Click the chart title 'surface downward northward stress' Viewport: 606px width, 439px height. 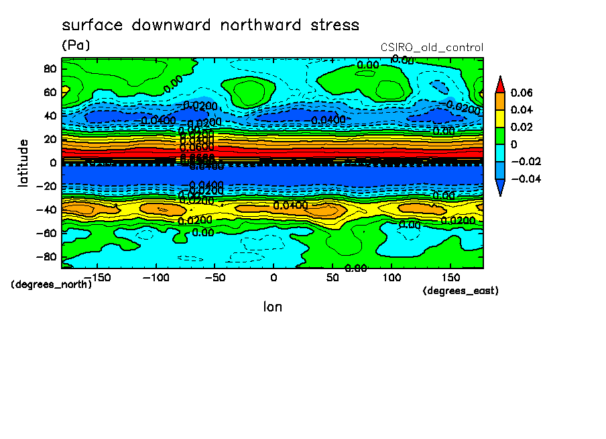[x=210, y=26]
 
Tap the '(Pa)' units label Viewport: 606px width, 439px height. [x=76, y=46]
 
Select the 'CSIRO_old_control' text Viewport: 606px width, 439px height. [x=432, y=48]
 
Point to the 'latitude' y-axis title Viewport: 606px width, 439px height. [x=23, y=162]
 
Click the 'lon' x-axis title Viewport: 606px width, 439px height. [x=272, y=307]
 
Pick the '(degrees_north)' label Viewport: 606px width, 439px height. [x=52, y=285]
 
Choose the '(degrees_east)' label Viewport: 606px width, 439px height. [x=461, y=291]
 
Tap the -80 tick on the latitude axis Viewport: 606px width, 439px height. [x=48, y=257]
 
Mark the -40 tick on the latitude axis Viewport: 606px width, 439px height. [x=48, y=210]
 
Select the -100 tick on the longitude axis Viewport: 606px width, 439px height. [x=155, y=277]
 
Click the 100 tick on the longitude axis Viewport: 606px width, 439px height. [x=391, y=277]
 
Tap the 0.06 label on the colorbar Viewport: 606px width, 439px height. [x=521, y=93]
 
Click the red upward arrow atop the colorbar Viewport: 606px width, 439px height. [x=500, y=84]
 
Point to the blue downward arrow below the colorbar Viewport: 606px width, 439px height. [x=500, y=188]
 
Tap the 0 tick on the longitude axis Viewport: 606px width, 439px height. [x=273, y=277]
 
